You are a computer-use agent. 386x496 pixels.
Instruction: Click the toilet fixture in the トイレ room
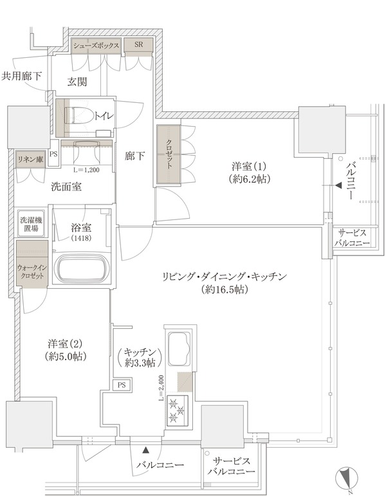click(x=78, y=115)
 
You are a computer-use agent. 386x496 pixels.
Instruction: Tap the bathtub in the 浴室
click(x=81, y=266)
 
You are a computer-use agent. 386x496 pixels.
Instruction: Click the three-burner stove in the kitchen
click(x=177, y=410)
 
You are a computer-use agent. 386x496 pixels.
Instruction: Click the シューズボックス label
click(x=96, y=45)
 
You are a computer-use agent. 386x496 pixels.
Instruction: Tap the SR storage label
click(x=138, y=44)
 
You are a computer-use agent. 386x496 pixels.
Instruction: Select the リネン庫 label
click(x=30, y=159)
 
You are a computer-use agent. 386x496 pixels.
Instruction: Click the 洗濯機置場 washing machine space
click(x=31, y=223)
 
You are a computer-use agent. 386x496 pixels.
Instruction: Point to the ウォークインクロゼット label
click(x=32, y=271)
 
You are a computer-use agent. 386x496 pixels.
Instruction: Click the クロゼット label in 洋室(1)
click(x=169, y=154)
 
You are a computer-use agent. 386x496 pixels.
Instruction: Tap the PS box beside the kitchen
click(x=122, y=385)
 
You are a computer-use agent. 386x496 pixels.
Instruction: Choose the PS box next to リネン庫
click(x=54, y=154)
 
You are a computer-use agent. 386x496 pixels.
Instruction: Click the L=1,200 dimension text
click(x=86, y=170)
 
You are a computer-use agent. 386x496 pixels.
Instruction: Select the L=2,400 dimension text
click(x=161, y=389)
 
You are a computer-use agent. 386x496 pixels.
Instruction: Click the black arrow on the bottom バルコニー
click(x=146, y=449)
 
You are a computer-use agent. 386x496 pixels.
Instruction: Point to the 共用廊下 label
click(x=21, y=77)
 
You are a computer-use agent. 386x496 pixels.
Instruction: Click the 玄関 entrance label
click(x=77, y=82)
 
